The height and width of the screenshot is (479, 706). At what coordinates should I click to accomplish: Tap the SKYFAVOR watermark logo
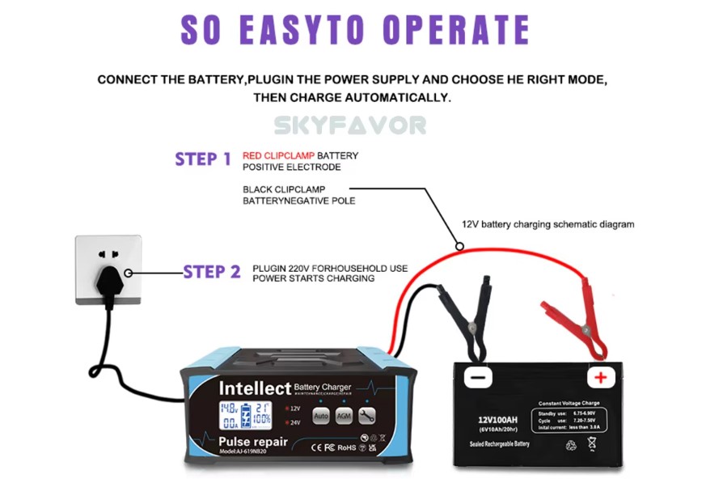coord(349,125)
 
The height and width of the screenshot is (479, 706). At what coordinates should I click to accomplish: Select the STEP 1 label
coord(203,159)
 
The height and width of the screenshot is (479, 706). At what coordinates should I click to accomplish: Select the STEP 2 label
coord(212,272)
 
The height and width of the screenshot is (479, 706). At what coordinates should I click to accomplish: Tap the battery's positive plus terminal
coord(601,377)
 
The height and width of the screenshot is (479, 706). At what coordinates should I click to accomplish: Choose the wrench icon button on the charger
coord(366,416)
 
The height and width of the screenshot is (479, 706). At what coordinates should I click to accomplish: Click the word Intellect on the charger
coord(254,388)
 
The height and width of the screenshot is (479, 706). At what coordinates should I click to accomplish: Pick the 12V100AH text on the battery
coord(497,420)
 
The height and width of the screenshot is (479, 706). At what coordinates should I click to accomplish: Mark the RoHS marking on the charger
coord(346,446)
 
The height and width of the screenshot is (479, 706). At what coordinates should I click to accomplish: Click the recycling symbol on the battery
coord(571,444)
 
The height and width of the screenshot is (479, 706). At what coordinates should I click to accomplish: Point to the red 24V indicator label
coord(294,422)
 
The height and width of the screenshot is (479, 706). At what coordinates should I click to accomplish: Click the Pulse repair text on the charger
coord(252,442)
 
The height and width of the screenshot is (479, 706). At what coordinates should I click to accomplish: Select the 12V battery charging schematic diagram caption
coord(547,224)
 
